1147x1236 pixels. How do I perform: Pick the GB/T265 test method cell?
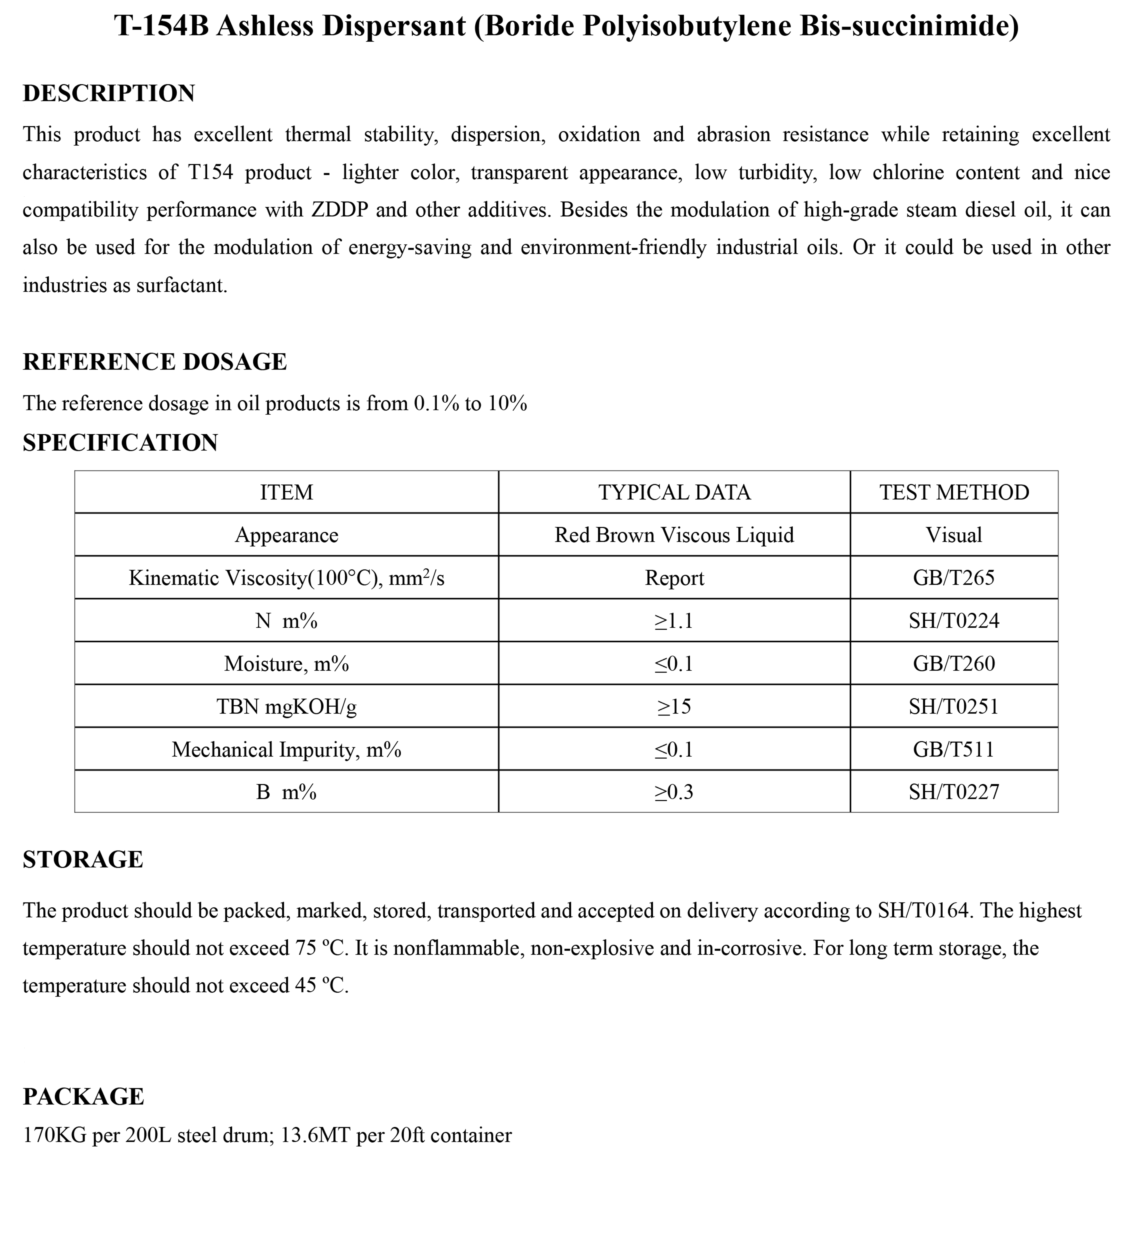954,578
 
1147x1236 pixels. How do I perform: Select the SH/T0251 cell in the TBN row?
954,706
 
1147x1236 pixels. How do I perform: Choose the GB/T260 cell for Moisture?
954,663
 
